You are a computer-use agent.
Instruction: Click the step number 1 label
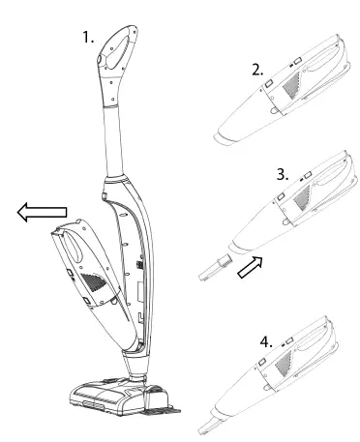[x=87, y=40]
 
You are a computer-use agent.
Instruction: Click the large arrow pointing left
[x=40, y=212]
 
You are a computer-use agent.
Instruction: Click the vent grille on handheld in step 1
[x=95, y=281]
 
